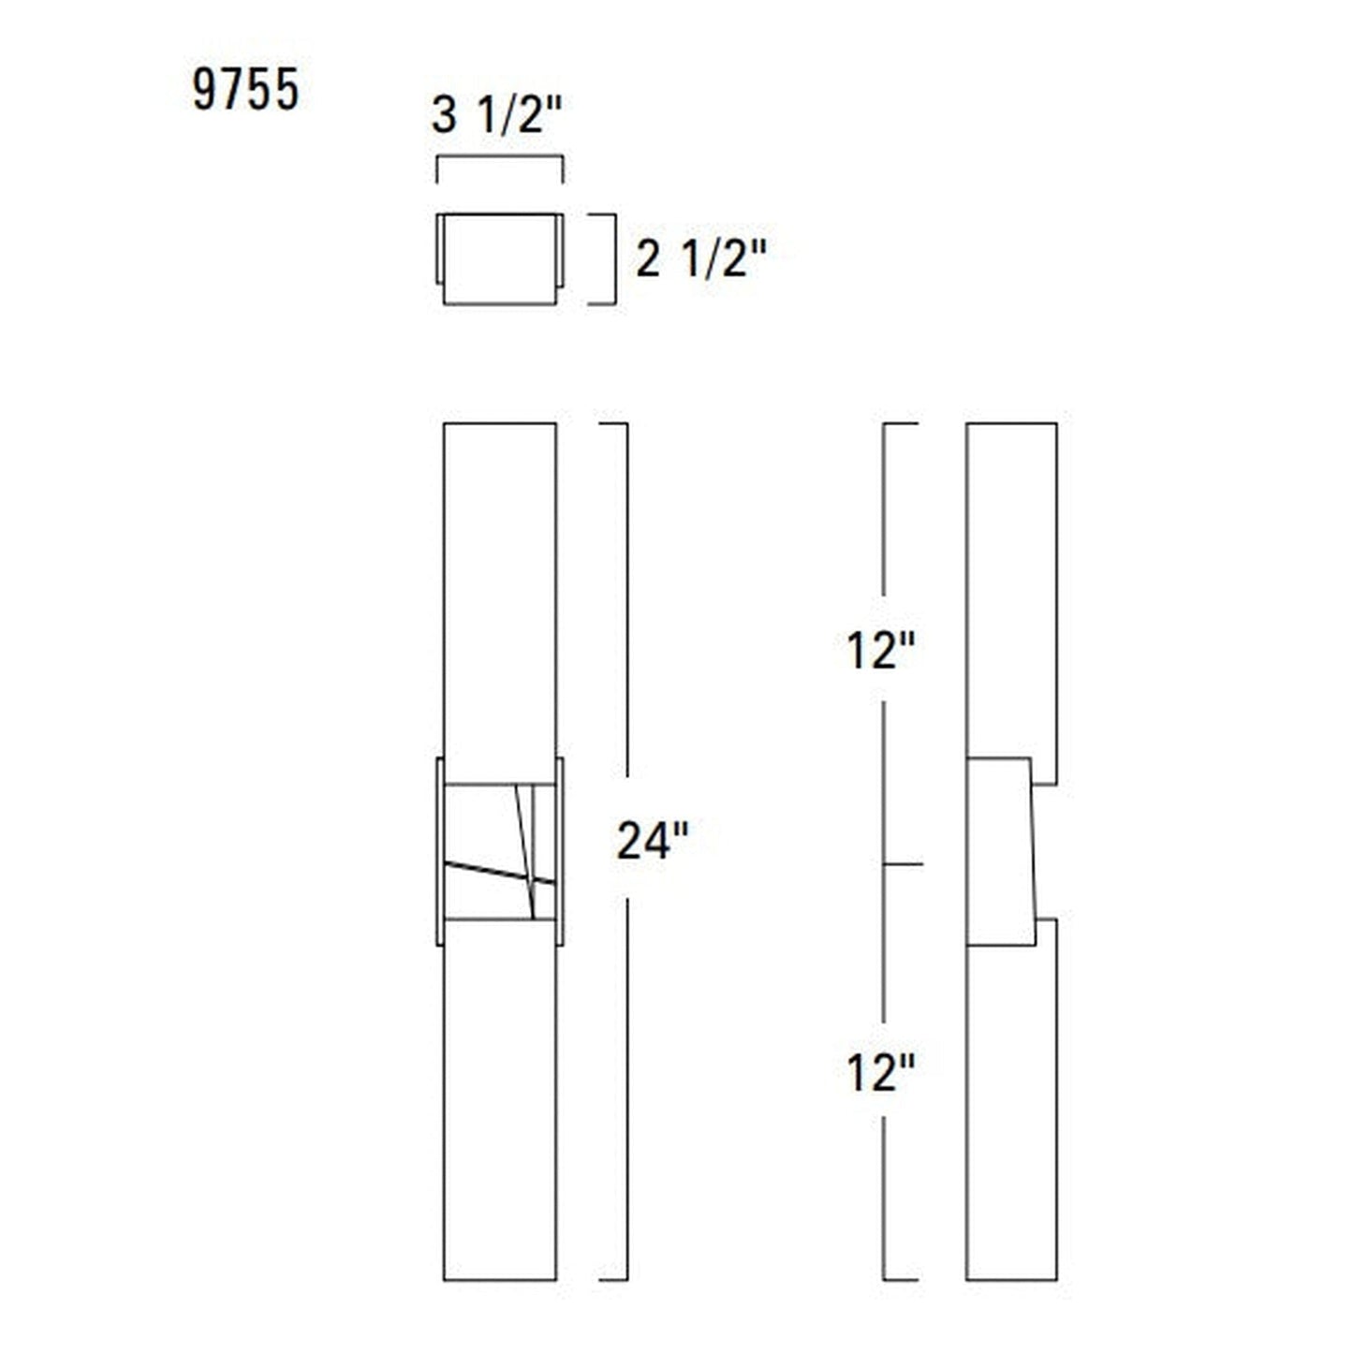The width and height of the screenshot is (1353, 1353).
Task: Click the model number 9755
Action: click(245, 91)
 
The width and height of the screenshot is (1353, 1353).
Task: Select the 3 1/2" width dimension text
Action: click(496, 116)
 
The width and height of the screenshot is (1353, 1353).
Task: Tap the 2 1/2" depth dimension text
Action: click(701, 258)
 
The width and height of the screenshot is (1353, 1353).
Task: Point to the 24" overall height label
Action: click(653, 840)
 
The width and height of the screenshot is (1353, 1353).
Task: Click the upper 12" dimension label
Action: click(879, 651)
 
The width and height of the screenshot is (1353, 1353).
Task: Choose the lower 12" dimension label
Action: click(879, 1072)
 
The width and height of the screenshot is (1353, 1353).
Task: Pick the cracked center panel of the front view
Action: click(499, 850)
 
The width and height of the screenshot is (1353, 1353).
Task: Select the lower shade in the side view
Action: click(1011, 1105)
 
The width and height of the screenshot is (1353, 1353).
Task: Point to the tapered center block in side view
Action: click(1000, 850)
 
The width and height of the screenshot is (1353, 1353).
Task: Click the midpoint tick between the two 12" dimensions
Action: click(903, 863)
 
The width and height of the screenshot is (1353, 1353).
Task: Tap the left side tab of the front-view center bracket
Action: click(439, 850)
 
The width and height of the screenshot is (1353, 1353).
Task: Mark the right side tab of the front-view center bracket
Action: click(560, 850)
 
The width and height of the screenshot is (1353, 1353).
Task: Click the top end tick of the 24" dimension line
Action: click(613, 424)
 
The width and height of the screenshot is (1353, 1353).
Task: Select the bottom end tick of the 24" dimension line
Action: click(613, 1280)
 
